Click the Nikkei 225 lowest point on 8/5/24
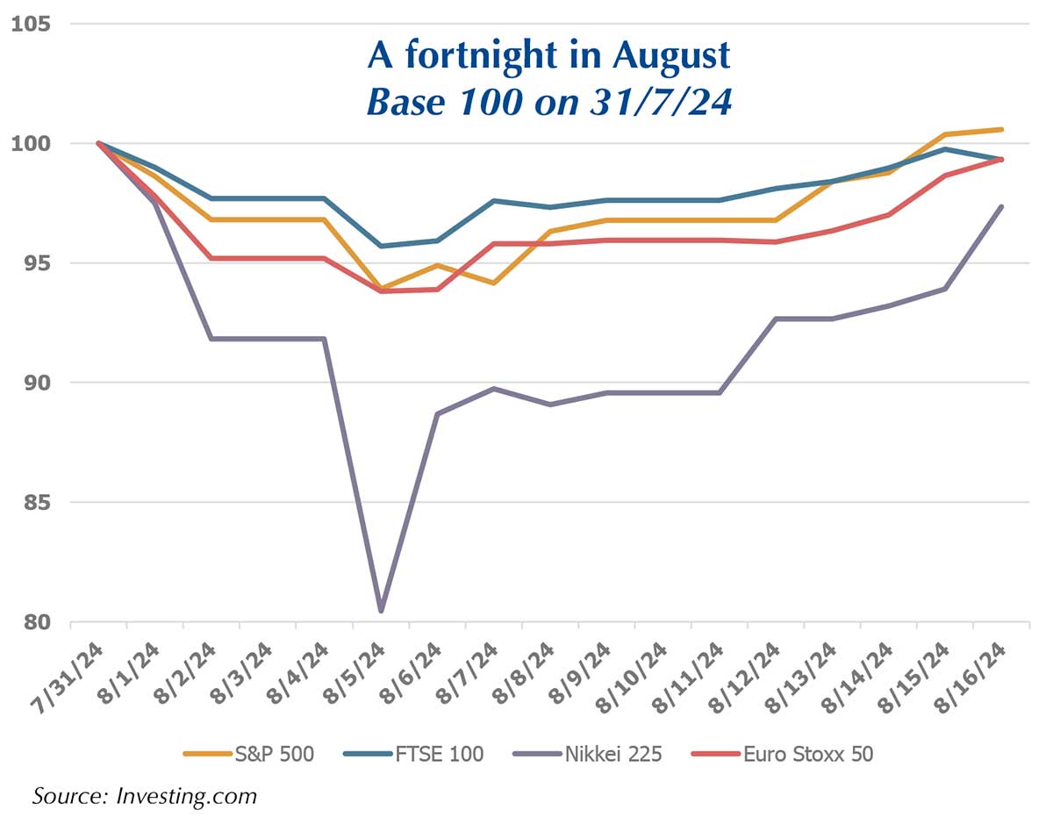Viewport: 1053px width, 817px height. pos(381,611)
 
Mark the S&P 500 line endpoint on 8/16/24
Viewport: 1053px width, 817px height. pos(1001,130)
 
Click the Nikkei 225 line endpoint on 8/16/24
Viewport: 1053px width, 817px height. pos(1001,207)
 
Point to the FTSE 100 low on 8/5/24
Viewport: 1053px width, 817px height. pos(381,246)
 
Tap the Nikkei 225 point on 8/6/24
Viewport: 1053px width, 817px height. pos(437,413)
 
